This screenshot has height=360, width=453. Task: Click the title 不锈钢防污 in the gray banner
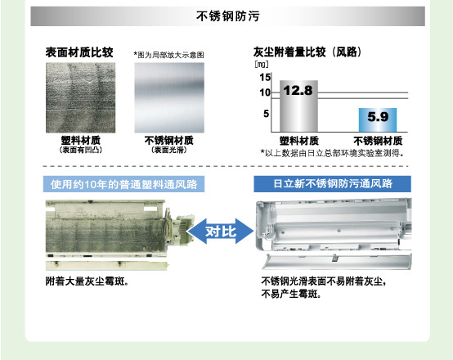[228, 16]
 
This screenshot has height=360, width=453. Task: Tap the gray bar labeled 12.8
[298, 106]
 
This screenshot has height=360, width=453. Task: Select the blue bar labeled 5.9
[378, 120]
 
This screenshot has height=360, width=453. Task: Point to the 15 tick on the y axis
[265, 78]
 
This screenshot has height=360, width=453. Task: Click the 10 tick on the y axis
[265, 92]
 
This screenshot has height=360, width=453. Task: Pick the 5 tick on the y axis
[266, 114]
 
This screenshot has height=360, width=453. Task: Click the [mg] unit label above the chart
[262, 64]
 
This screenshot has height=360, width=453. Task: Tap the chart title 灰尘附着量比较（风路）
[307, 52]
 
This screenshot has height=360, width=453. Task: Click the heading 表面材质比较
[79, 52]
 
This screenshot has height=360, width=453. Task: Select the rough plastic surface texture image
[81, 97]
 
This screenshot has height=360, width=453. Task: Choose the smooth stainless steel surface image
[169, 97]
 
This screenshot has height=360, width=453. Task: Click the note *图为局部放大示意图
[168, 55]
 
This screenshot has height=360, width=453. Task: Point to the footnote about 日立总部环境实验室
[332, 153]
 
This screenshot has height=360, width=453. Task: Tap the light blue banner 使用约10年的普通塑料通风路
[123, 184]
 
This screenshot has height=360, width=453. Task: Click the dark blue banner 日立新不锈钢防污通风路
[333, 184]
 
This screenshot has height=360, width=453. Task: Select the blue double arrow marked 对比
[221, 232]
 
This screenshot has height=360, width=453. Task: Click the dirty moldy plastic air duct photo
[119, 235]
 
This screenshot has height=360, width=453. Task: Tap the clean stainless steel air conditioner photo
[334, 234]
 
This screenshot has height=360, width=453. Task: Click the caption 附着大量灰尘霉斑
[87, 281]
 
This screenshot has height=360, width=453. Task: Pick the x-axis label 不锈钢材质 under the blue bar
[378, 141]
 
